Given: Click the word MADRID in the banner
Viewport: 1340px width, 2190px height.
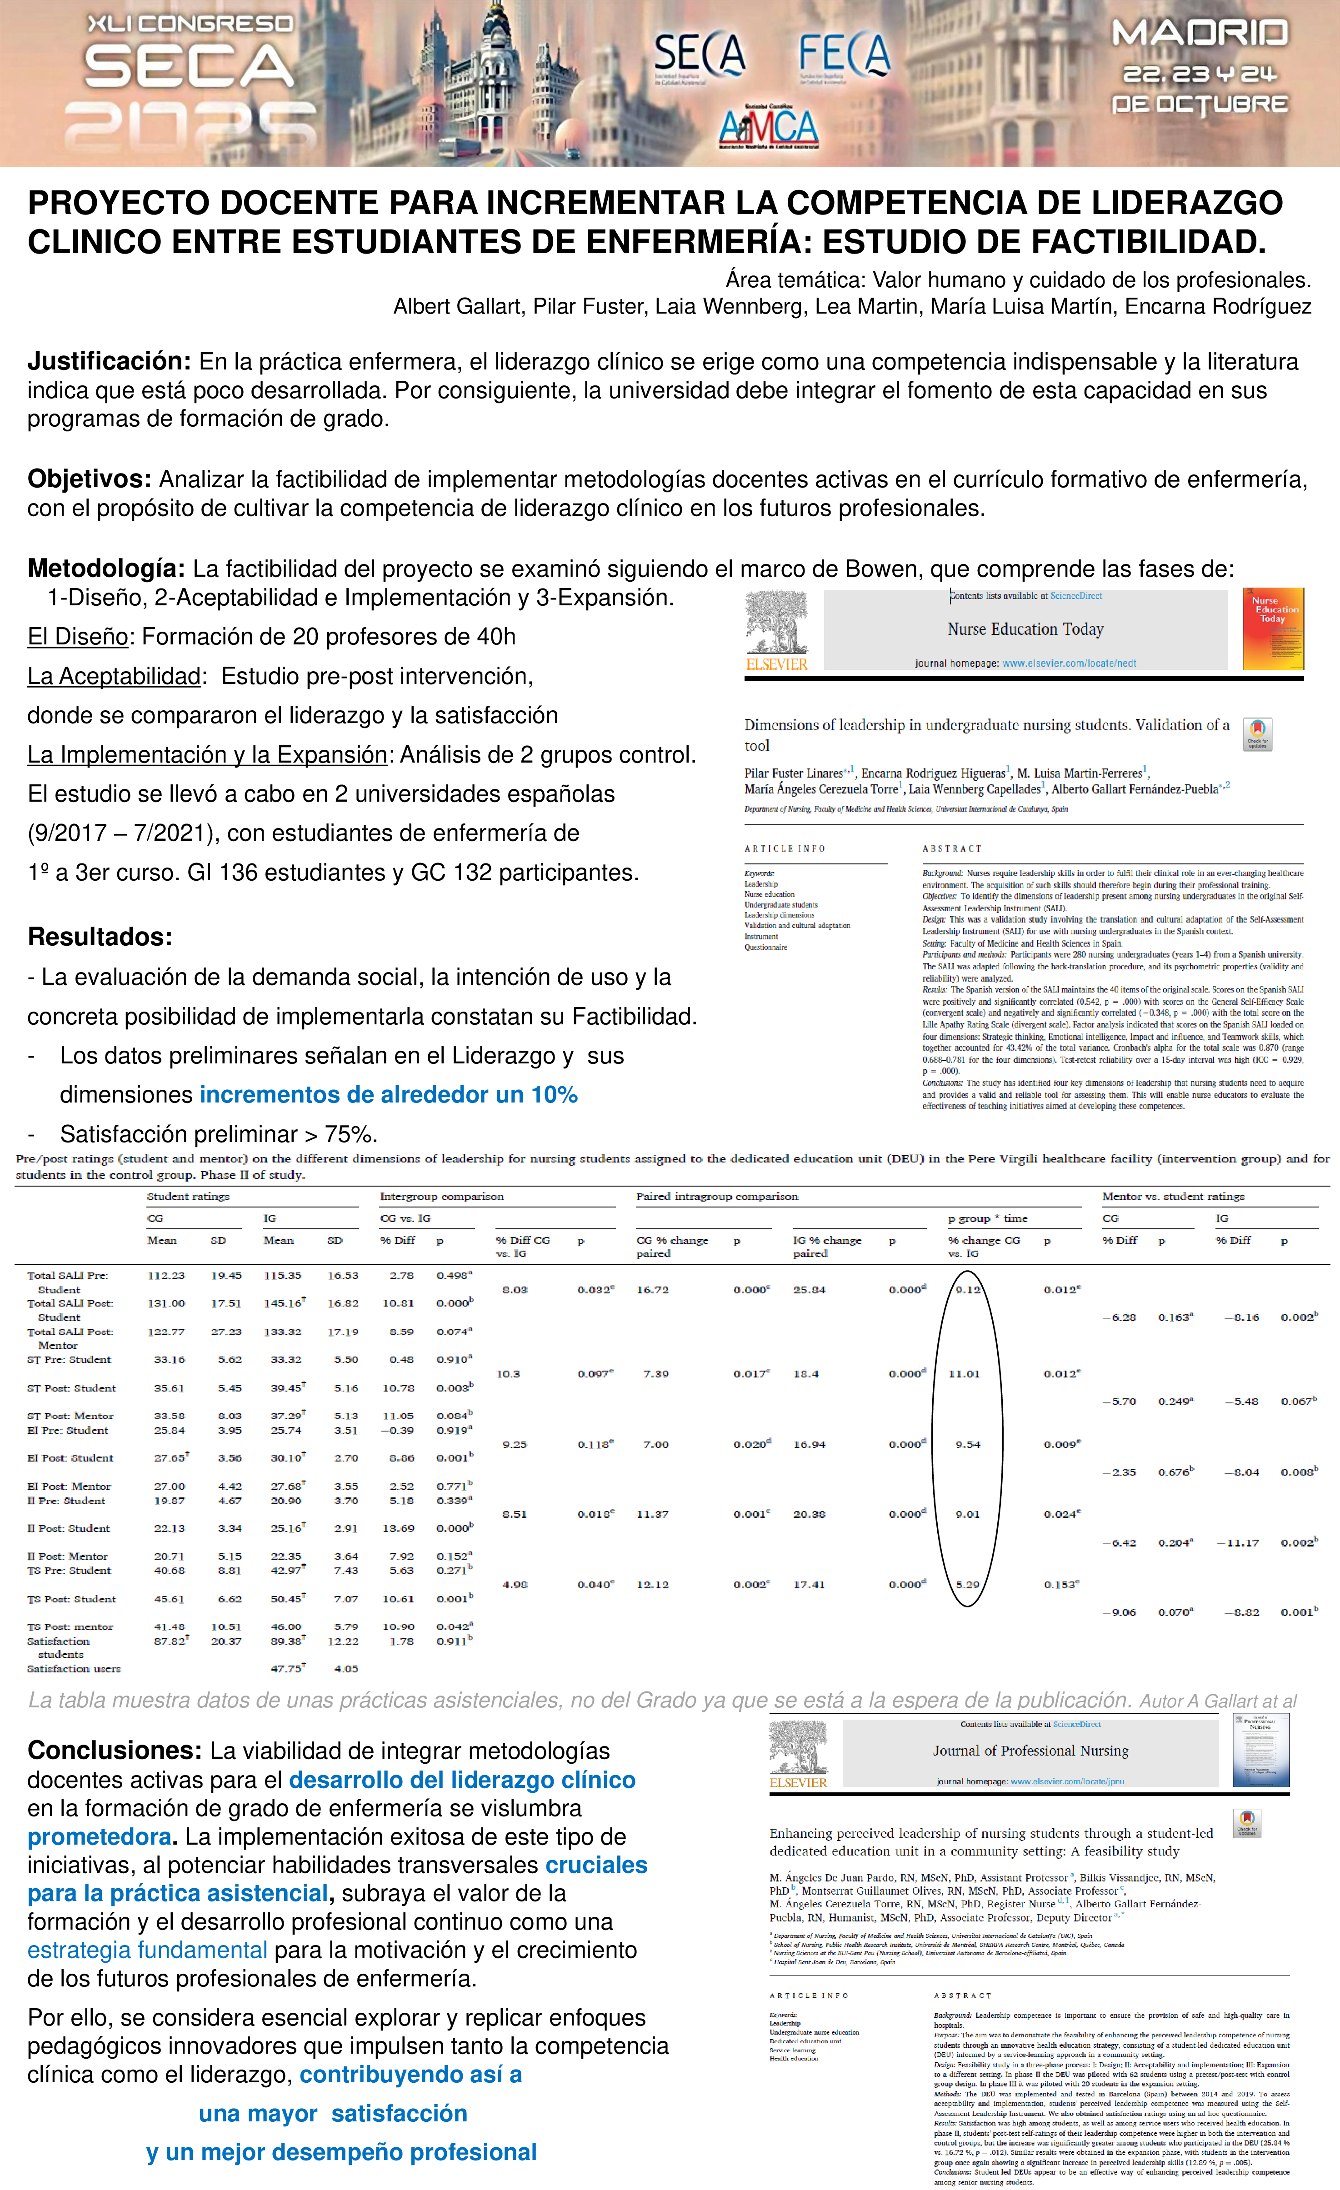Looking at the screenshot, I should pos(1200,34).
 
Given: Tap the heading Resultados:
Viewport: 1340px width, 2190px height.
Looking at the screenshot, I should pos(100,937).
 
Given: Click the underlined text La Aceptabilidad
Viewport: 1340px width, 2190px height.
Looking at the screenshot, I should pos(114,676).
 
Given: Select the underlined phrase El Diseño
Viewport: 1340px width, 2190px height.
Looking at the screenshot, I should pos(78,636).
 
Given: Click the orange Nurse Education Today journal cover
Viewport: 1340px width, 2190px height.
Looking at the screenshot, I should pos(1272,629).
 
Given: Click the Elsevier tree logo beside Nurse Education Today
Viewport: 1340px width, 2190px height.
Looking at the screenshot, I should pos(776,629).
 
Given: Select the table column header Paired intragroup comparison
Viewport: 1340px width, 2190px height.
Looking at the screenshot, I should pos(717,1196).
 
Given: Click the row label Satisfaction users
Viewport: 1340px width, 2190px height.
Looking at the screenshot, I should pos(74,1668).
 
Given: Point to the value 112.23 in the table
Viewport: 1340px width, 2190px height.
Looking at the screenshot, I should pos(166,1276).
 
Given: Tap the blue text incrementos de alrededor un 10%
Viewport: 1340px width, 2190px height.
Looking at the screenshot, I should pos(389,1095).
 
